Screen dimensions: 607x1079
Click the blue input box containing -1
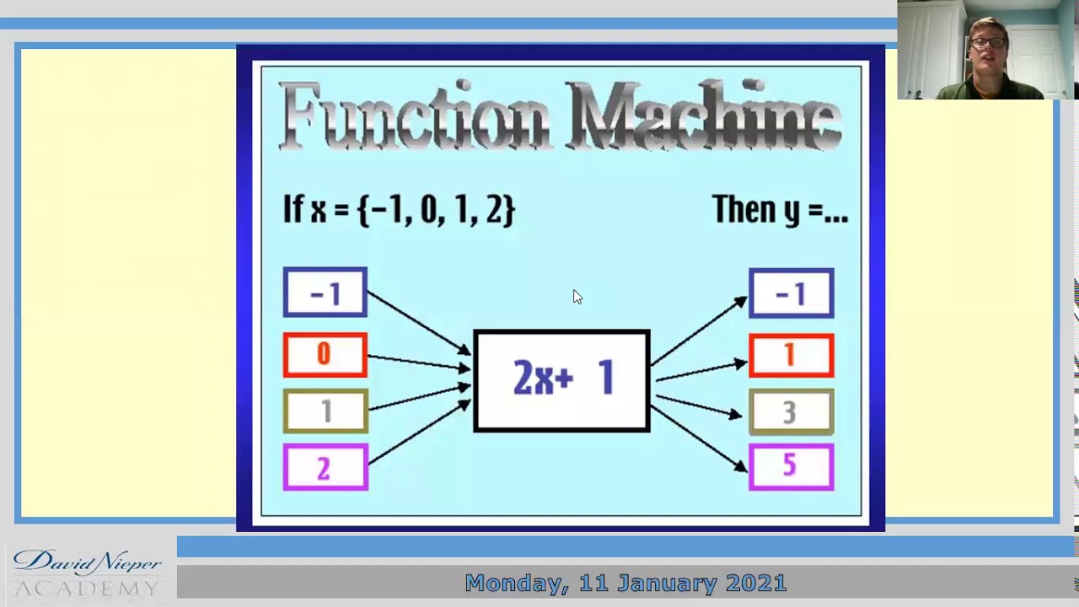[x=325, y=293]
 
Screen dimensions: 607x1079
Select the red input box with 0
[x=325, y=355]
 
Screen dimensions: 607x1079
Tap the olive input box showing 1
[x=325, y=411]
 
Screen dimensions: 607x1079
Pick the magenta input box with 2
[x=325, y=468]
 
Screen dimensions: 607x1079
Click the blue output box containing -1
[x=791, y=293]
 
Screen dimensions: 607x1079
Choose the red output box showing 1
[x=791, y=355]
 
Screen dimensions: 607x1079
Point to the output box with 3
[x=791, y=411]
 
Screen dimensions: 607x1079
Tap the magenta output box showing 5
[x=791, y=467]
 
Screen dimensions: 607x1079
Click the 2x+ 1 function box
[x=561, y=381]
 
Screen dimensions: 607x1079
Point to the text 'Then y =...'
[x=780, y=209]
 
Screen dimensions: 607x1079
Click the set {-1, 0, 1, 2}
[x=436, y=210]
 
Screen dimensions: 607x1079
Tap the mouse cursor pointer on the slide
[x=577, y=296]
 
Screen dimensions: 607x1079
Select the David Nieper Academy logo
[x=87, y=573]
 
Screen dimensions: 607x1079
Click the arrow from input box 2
[x=418, y=433]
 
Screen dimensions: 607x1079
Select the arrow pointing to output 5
[x=700, y=438]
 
